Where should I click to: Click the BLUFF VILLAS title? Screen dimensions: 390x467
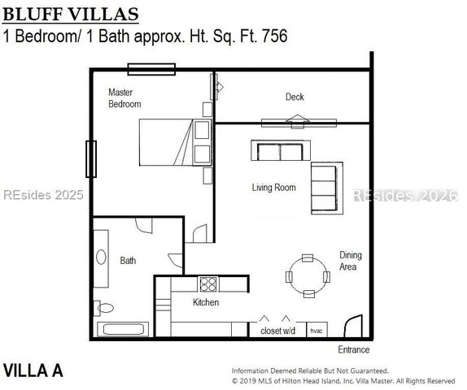point(71,15)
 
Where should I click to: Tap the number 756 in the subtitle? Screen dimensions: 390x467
point(271,36)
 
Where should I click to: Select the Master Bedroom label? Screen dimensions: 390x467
point(124,98)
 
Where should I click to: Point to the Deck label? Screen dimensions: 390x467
point(295,97)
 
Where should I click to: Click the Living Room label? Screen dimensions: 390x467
point(273,188)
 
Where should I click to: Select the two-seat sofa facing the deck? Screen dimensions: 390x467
point(280,150)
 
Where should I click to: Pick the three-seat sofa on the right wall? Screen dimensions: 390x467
point(324,188)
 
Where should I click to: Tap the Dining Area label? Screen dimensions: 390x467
point(351,261)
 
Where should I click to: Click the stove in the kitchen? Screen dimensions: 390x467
point(208,284)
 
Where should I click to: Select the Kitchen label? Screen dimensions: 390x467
point(206,302)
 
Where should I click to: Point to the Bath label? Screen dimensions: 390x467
point(129,261)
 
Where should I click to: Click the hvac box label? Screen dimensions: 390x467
point(316,331)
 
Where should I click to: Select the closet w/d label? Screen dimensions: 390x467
point(277,331)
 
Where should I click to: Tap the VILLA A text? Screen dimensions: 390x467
point(33,370)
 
